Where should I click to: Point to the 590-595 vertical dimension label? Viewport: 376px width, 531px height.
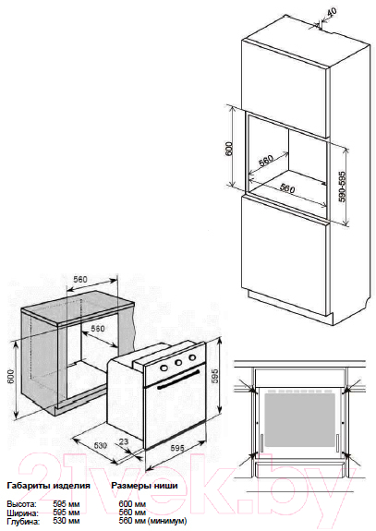343,187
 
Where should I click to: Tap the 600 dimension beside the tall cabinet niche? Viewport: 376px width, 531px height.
229,149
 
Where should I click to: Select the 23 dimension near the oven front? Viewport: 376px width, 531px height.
124,441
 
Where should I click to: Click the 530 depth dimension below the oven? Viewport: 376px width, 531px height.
101,445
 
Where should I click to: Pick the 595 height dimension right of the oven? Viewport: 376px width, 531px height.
214,376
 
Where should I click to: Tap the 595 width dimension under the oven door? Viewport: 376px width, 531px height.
176,448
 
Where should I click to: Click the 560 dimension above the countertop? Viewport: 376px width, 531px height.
80,280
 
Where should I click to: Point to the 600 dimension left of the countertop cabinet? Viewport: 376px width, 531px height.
11,376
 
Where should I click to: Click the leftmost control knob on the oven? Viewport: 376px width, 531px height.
164,368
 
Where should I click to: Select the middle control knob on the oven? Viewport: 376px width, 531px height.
178,363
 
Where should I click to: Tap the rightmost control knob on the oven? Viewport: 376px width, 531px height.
192,357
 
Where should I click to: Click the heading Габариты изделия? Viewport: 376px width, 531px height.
48,486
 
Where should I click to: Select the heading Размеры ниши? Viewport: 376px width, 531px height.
145,486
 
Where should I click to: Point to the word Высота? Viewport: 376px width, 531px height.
21,504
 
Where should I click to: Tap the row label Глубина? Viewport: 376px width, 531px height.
23,522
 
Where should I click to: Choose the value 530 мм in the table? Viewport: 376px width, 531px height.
67,521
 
